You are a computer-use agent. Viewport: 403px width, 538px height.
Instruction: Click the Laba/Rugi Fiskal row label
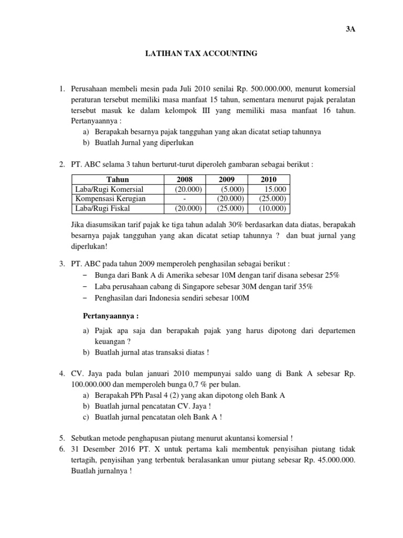(100, 208)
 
